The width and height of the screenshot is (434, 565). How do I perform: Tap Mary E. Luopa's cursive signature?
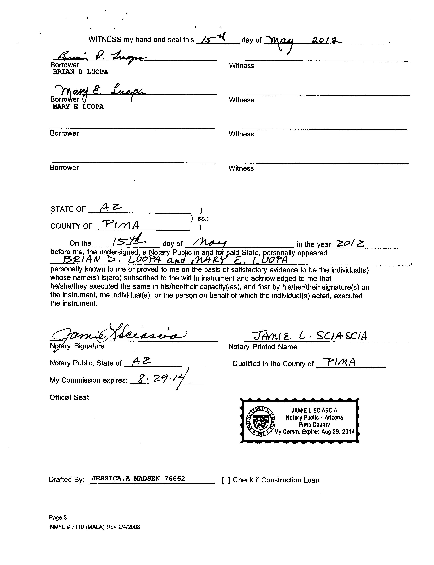coord(99,91)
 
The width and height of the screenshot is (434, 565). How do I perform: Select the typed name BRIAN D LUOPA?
coord(80,72)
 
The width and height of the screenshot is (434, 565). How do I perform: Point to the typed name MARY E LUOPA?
coord(78,107)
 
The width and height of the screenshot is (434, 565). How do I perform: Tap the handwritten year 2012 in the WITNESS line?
coord(327,40)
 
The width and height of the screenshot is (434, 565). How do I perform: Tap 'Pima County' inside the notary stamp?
coord(314,425)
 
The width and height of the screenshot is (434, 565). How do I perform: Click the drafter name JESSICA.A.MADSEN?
coord(126,478)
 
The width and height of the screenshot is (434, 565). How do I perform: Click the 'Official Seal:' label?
coord(70,397)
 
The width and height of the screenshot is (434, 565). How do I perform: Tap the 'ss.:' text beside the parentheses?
coord(203,219)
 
